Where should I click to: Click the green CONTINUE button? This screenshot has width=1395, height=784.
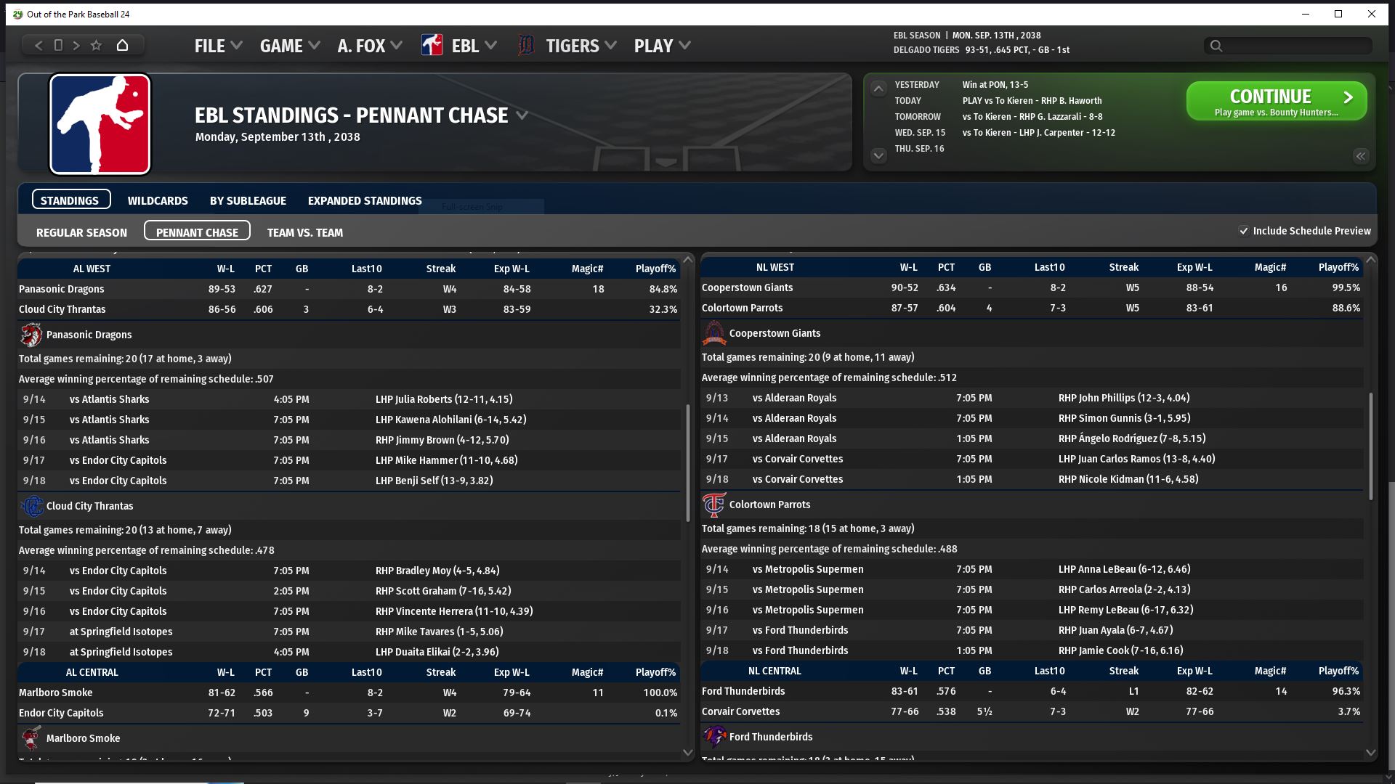(x=1276, y=101)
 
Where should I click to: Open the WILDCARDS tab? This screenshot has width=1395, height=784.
(x=158, y=200)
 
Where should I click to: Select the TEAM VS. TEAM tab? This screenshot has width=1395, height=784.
(x=304, y=232)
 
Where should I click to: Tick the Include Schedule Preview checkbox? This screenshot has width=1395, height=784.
(x=1244, y=231)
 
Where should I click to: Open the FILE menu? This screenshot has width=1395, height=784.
(x=217, y=46)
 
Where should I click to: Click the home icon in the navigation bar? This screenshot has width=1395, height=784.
(x=122, y=45)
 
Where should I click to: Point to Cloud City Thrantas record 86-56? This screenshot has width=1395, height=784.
(x=222, y=309)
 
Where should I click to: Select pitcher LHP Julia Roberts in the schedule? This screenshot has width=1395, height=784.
(x=443, y=399)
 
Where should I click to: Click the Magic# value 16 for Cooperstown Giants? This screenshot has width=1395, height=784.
(x=1281, y=287)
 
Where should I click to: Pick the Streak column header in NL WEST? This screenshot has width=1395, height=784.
(x=1123, y=267)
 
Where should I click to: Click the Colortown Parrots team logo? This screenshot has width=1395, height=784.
(x=713, y=505)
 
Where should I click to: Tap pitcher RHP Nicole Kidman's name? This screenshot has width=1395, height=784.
(x=1128, y=479)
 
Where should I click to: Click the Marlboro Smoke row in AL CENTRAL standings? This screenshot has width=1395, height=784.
(x=349, y=693)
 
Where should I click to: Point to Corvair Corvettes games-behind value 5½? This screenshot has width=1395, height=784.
(x=984, y=711)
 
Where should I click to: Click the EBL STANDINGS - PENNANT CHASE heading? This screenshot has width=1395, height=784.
(x=351, y=115)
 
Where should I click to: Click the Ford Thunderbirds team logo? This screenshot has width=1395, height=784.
(x=713, y=737)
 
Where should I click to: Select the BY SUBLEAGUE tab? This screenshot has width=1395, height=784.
(x=248, y=200)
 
